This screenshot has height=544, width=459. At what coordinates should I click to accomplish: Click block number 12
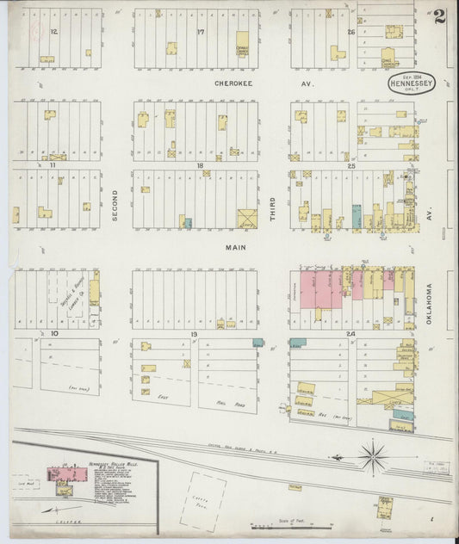(53, 32)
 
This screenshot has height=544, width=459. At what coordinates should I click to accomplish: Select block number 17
(200, 32)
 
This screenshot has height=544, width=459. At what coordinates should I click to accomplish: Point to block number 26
(350, 32)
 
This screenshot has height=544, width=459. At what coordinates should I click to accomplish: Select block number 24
(350, 331)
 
